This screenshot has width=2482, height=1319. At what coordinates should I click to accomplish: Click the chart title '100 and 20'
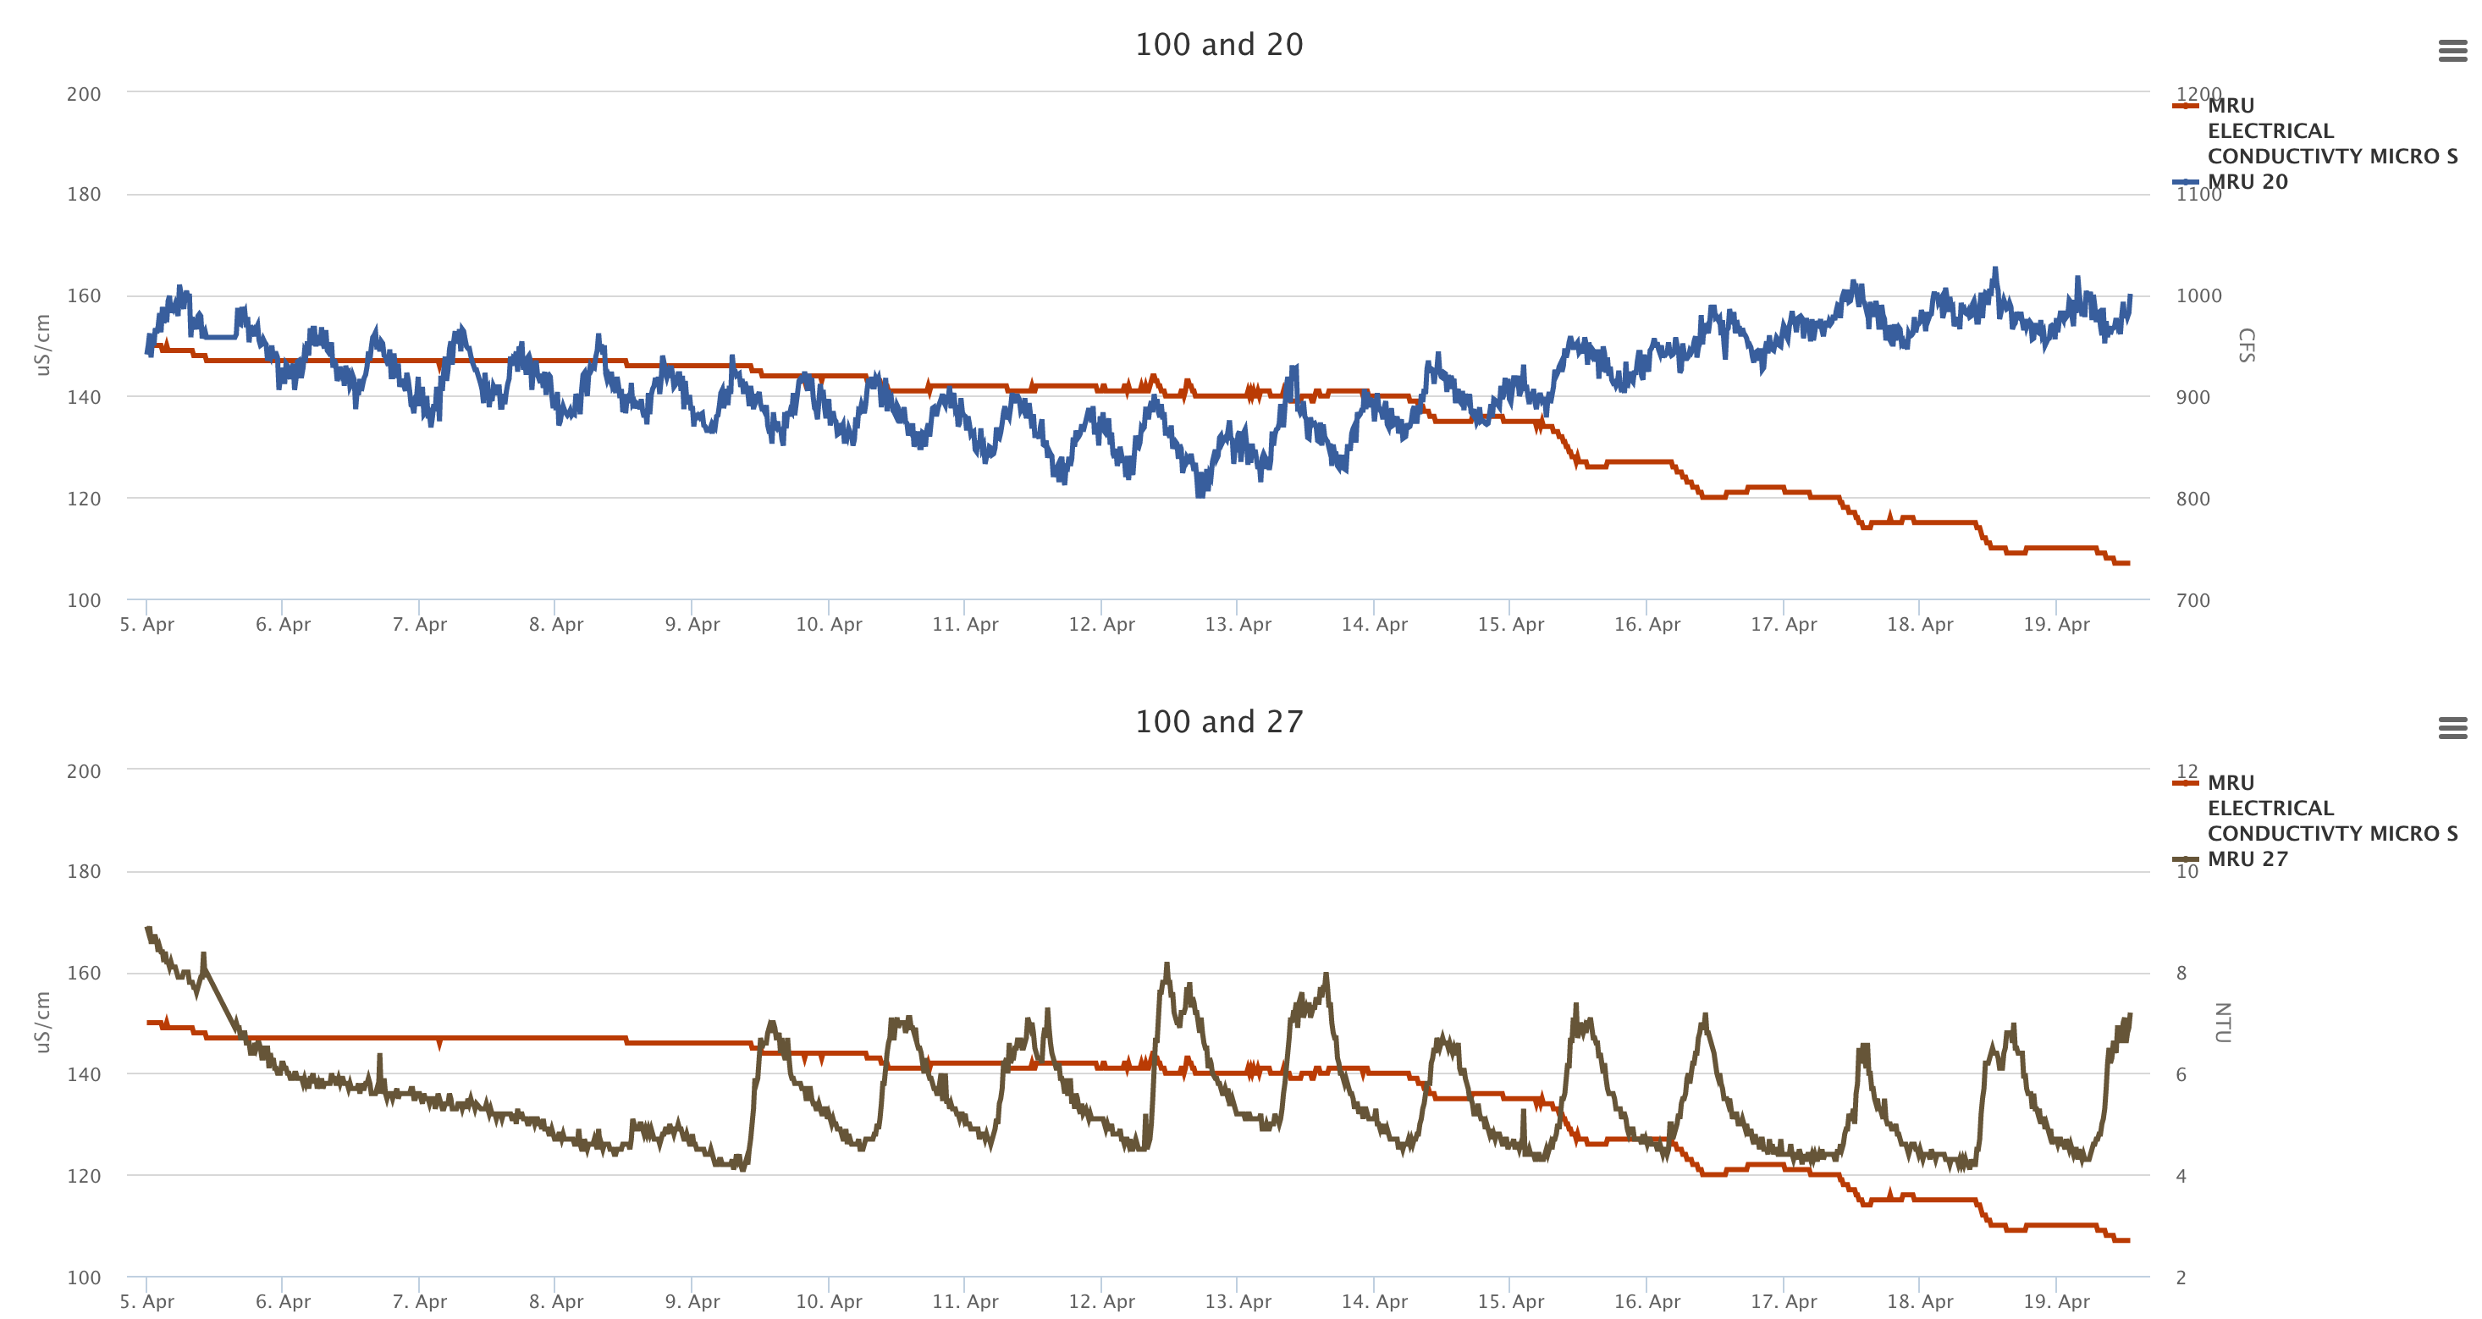click(1218, 44)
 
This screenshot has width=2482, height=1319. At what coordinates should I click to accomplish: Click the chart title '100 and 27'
click(1218, 721)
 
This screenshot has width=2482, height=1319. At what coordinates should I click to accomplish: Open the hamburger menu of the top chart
click(2452, 50)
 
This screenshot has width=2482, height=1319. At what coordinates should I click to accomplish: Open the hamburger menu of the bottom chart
click(2452, 727)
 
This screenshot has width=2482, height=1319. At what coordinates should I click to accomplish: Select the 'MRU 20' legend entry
click(2247, 181)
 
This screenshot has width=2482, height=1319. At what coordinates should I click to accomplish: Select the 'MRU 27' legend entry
click(2247, 858)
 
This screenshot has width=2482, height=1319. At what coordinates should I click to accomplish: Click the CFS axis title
click(2245, 345)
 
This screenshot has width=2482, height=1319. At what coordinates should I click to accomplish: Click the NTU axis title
click(2222, 1022)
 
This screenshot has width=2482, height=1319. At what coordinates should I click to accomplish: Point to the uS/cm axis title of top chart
click(41, 345)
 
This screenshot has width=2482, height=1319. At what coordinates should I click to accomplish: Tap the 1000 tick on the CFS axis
click(2198, 295)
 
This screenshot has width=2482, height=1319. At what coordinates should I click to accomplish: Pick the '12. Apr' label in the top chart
click(1101, 624)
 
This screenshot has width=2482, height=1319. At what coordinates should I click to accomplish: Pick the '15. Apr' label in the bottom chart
click(1510, 1302)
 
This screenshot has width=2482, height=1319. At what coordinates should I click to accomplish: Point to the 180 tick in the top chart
click(84, 194)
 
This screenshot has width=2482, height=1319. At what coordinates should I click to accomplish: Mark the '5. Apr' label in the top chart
click(146, 624)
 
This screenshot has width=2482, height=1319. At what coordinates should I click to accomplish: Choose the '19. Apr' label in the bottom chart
click(2056, 1302)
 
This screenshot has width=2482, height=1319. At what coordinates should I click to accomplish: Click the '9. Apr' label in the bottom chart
click(692, 1302)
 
